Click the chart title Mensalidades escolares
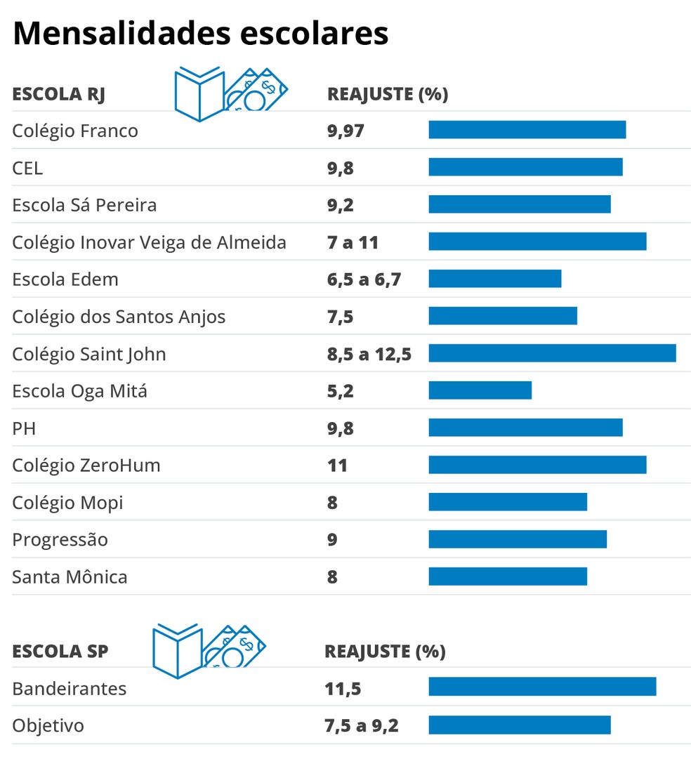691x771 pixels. pos(200,33)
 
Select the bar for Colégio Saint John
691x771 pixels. pos(552,353)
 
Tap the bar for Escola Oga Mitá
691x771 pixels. pos(480,390)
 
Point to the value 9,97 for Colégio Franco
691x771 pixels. pos(345,131)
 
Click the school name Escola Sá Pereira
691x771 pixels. pos(84,205)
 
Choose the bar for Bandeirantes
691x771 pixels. pos(542,687)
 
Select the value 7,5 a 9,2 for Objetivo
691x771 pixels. pos(361,725)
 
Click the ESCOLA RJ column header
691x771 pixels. pos(58,94)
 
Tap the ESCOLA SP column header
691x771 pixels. pos(60,651)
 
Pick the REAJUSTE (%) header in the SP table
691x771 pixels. pos(385,651)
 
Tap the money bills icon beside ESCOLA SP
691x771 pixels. pos(234,647)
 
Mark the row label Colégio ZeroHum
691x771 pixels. pos(86,465)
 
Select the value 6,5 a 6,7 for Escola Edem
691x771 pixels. pos(364,279)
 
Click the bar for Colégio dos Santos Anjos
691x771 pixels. pos(503,316)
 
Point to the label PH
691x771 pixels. pos(24,428)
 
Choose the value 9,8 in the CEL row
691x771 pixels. pos(340,168)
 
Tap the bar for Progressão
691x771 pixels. pos(518,539)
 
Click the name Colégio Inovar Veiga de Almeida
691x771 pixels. pos(149,242)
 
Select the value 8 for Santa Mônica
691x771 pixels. pos(332,577)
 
